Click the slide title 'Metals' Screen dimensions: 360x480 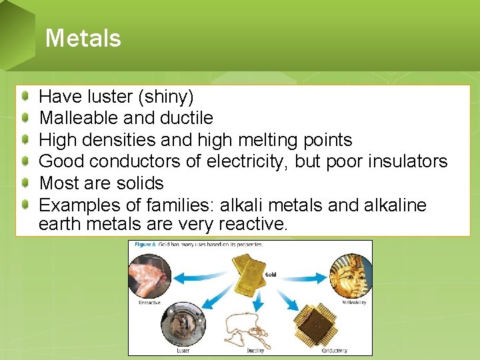(x=83, y=38)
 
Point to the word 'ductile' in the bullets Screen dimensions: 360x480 (x=187, y=119)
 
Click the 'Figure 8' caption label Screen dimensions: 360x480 (x=145, y=244)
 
